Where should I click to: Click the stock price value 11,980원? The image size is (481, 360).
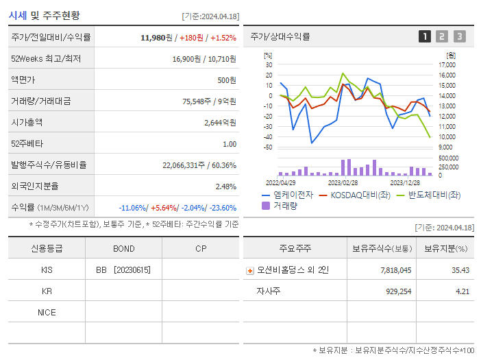point(154,38)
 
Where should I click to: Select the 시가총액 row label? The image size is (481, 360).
point(27,123)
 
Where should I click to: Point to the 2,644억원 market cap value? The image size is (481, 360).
point(220,123)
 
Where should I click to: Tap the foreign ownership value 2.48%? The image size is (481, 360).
point(225,187)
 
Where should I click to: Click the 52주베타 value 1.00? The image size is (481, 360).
point(230,144)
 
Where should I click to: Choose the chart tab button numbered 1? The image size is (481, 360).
point(425,36)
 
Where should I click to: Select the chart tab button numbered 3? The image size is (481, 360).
point(459,36)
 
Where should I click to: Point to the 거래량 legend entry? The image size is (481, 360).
point(280,205)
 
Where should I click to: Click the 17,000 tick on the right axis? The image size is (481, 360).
point(446,65)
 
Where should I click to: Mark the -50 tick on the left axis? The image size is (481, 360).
point(268,147)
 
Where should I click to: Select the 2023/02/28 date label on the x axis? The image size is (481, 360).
point(343,183)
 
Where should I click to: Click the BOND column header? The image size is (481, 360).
point(124,248)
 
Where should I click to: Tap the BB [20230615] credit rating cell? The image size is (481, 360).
point(123,270)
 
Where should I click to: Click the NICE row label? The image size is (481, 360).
point(47,313)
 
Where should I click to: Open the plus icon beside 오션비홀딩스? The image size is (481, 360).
point(249,270)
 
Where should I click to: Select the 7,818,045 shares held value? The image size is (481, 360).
point(395,270)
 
